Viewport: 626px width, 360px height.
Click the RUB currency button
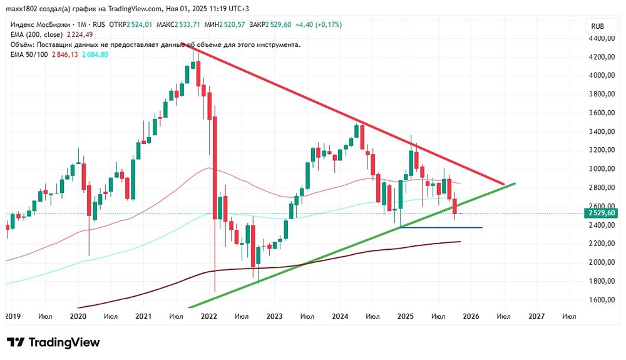pyautogui.click(x=597, y=26)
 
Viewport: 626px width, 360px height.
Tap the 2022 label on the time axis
pyautogui.click(x=208, y=317)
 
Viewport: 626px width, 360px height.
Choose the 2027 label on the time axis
pyautogui.click(x=536, y=317)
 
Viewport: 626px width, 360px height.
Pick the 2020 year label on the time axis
pyautogui.click(x=78, y=317)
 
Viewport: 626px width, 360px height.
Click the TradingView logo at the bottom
pyautogui.click(x=53, y=342)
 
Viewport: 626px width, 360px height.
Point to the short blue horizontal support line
pyautogui.click(x=441, y=227)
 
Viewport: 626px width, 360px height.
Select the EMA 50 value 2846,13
pyautogui.click(x=64, y=54)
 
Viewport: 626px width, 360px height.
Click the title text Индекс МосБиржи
pyautogui.click(x=38, y=25)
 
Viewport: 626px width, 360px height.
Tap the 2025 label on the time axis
pyautogui.click(x=405, y=317)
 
